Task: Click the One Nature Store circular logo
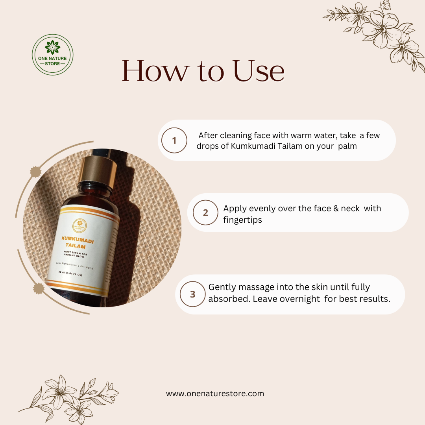52,55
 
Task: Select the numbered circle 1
174,140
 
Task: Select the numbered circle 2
205,213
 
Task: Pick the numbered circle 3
192,294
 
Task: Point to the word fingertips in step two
242,220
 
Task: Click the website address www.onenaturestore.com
215,394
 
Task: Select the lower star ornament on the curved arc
38,288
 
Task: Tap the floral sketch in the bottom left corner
69,397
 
